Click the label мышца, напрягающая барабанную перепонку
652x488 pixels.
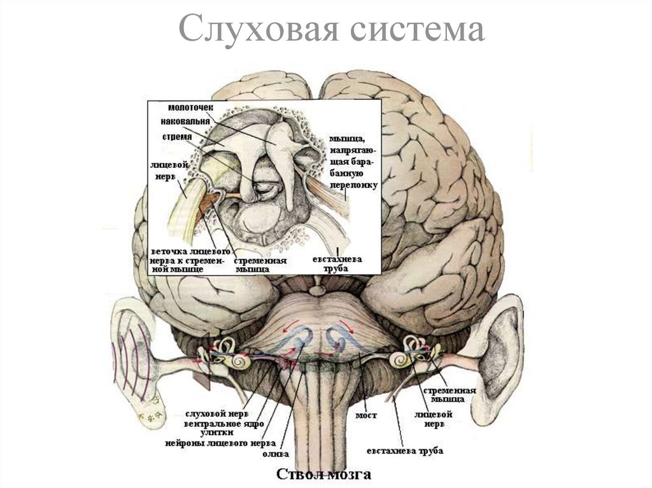(x=354, y=162)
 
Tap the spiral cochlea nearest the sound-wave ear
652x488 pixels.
(x=239, y=361)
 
